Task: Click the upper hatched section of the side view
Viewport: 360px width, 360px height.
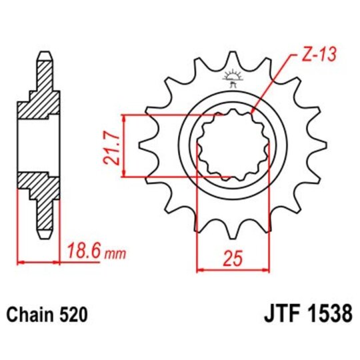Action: click(x=38, y=100)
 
